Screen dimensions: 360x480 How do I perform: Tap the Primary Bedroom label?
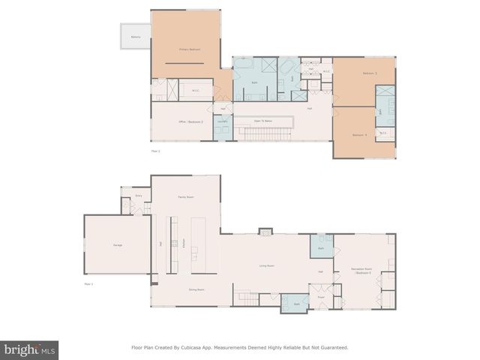pos(189,49)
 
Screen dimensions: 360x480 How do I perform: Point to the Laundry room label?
pos(222,121)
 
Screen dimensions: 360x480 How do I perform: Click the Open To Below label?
pos(262,120)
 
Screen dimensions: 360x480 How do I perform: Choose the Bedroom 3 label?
pos(369,73)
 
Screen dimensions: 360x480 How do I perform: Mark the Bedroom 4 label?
pos(359,134)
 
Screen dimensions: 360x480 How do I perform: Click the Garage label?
pos(118,244)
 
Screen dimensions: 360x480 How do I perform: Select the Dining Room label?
pos(187,288)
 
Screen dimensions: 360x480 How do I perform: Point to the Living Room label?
pos(266,265)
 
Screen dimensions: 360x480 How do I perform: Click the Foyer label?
pos(320,296)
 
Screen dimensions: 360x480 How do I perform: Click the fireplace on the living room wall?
pos(265,232)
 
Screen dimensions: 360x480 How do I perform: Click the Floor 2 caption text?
pos(156,151)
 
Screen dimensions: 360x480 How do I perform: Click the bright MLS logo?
pos(29,349)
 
